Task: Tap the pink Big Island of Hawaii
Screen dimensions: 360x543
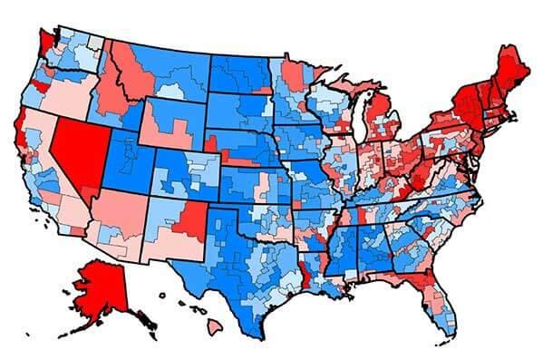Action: (x=217, y=324)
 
